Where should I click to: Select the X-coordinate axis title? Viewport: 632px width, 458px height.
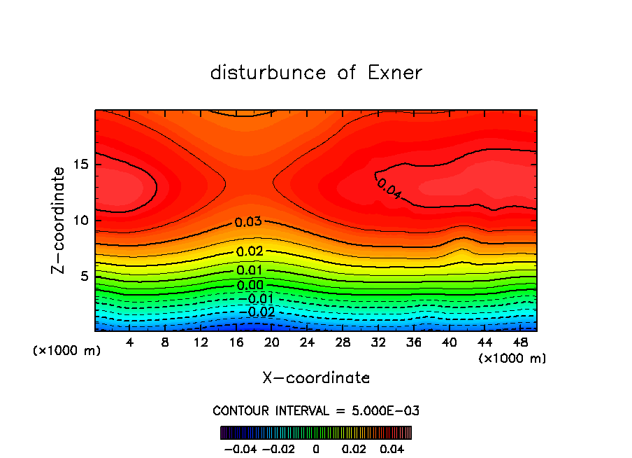tap(316, 378)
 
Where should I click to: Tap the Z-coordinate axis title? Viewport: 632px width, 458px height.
tap(59, 220)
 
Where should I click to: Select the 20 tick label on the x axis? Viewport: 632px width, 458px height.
tap(271, 342)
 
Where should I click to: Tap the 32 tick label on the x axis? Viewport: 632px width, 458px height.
tap(378, 342)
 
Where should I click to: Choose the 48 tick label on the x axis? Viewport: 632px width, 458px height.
tap(519, 342)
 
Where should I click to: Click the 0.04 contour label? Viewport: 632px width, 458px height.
tap(389, 188)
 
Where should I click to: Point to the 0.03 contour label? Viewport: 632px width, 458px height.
tap(248, 222)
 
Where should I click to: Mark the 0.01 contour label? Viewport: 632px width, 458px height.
tap(250, 271)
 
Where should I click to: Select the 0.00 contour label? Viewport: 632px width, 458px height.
tap(250, 285)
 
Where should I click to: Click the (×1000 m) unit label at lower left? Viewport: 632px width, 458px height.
tap(67, 350)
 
